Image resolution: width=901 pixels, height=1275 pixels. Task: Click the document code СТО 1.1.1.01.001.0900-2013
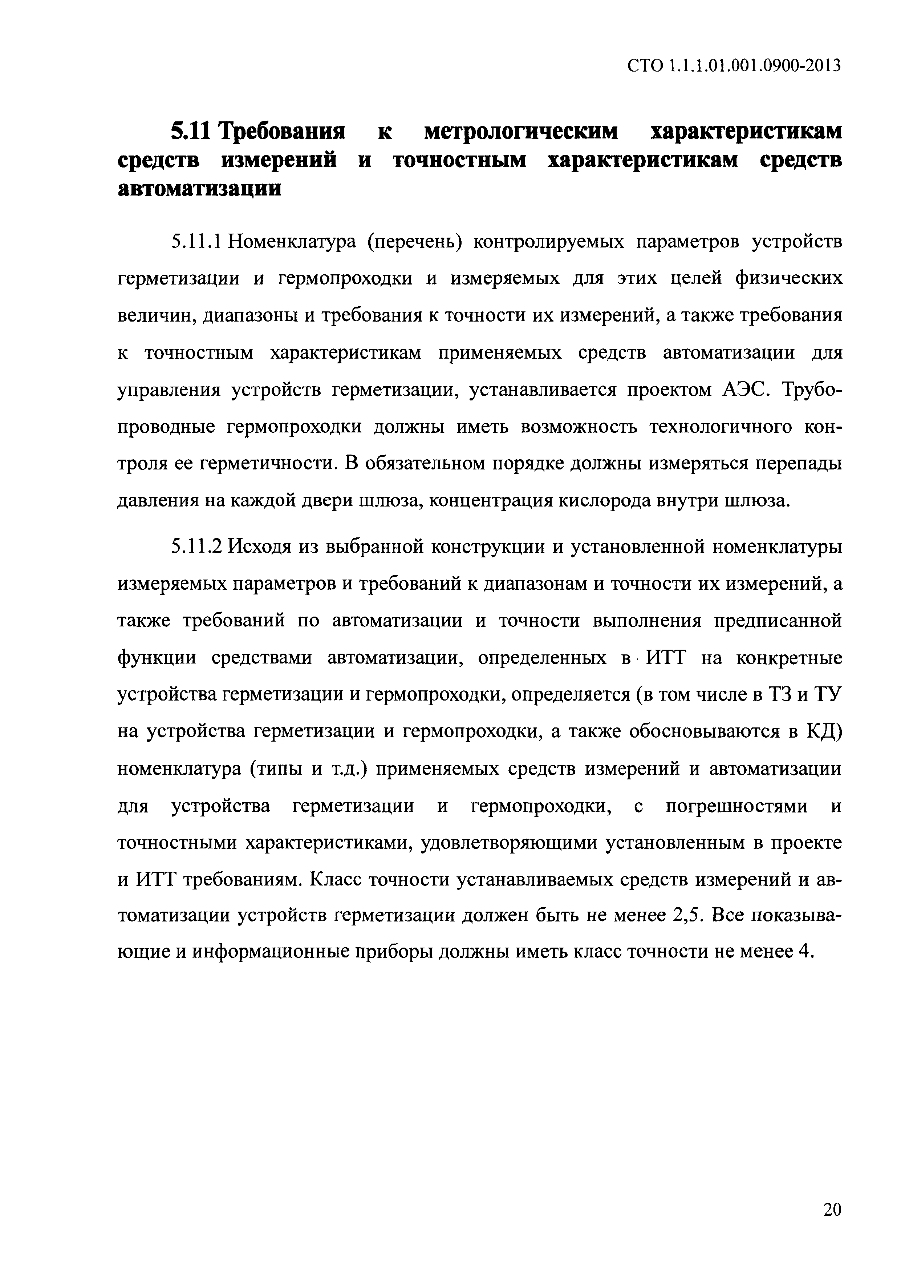pyautogui.click(x=734, y=66)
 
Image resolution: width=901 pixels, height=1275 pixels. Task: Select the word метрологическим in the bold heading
pyautogui.click(x=521, y=132)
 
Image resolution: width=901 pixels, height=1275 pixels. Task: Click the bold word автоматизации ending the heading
pyautogui.click(x=200, y=189)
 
